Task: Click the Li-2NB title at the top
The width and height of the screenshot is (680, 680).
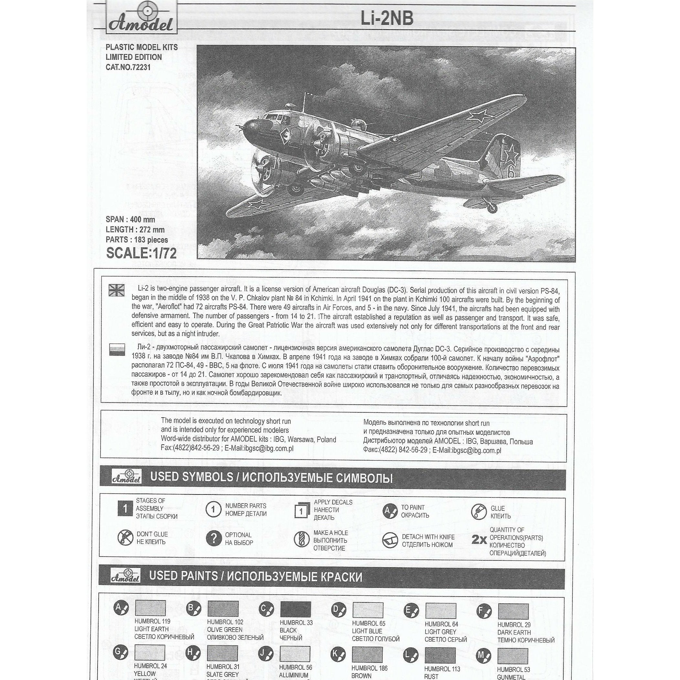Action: (x=387, y=19)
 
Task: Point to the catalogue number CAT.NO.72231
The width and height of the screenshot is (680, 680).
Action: (x=128, y=67)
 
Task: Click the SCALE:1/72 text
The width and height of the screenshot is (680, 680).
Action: (x=141, y=253)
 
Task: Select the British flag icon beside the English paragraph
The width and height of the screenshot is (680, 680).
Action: (x=116, y=290)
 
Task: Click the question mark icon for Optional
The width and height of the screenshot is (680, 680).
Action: (x=213, y=538)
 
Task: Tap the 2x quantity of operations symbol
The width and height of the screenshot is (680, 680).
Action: (x=479, y=539)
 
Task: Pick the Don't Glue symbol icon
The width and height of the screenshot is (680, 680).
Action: (x=125, y=538)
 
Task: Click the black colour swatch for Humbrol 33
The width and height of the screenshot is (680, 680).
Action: (x=296, y=609)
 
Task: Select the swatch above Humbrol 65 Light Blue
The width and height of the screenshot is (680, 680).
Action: (x=367, y=610)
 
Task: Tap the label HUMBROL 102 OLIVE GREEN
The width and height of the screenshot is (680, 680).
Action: (x=225, y=626)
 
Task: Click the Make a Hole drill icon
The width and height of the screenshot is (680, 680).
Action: (x=301, y=539)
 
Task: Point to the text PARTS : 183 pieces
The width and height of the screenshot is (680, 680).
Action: (x=137, y=240)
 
